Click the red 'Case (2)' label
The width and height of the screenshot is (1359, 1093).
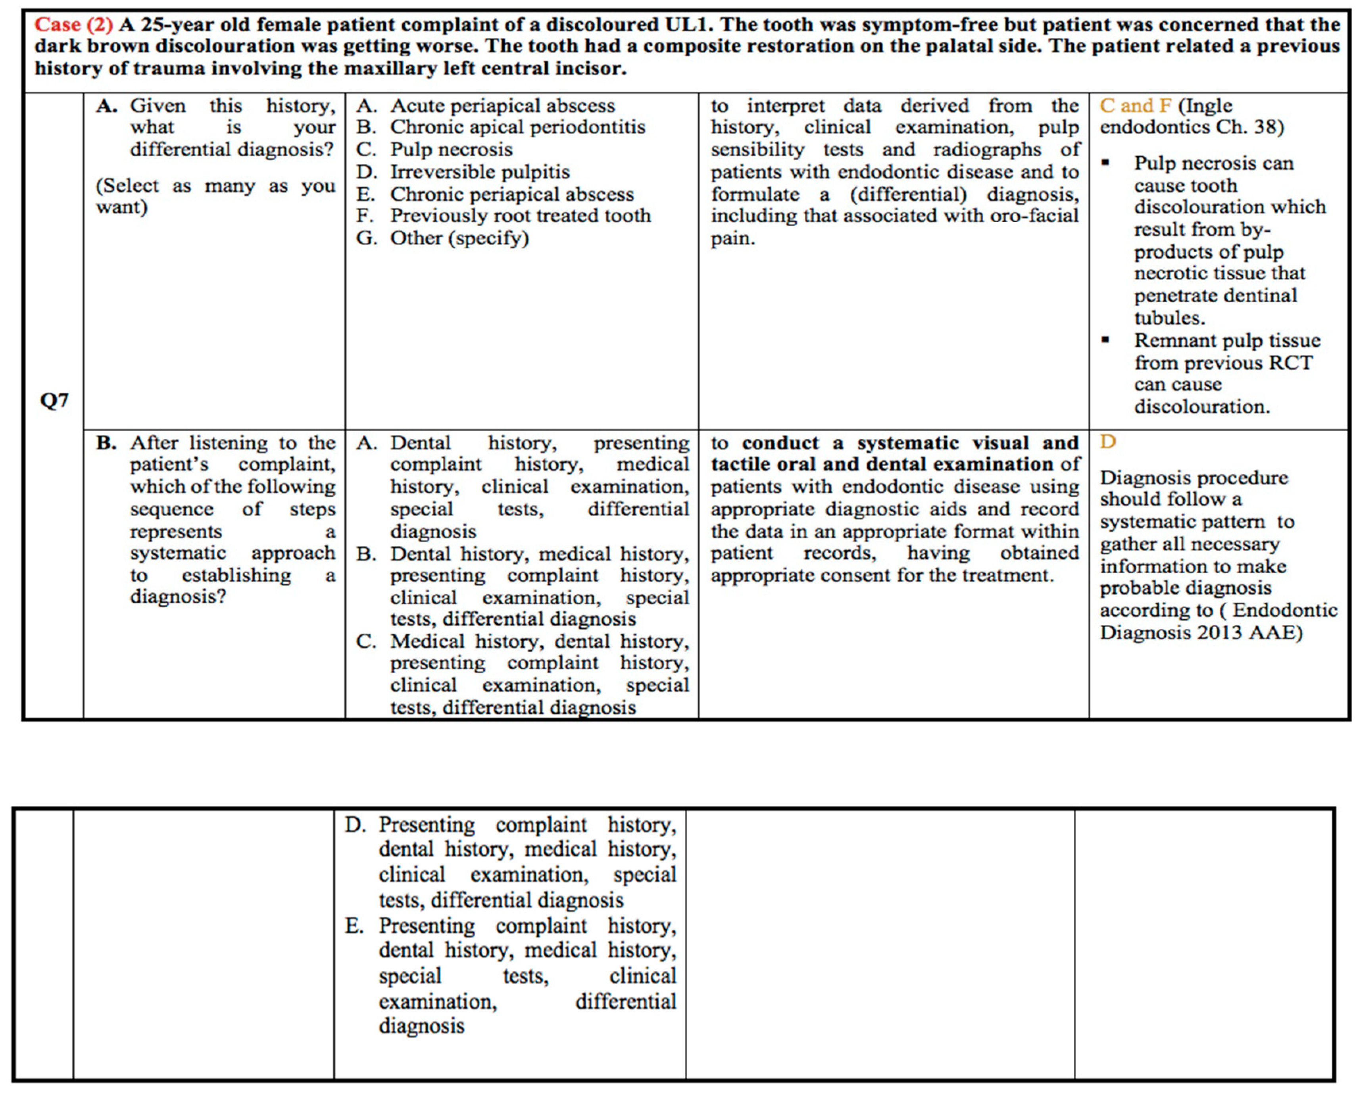[73, 25]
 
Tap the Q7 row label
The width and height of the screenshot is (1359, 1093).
[54, 400]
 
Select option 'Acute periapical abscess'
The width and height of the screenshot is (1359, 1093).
[502, 105]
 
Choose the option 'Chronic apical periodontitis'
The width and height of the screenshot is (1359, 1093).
[517, 127]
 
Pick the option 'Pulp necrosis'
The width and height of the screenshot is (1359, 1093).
[451, 150]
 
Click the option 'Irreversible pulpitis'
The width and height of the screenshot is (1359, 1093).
[479, 171]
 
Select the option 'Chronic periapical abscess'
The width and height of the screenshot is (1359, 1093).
[511, 194]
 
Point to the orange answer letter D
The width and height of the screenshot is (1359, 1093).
[1107, 442]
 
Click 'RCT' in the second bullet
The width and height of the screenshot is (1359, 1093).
[1294, 363]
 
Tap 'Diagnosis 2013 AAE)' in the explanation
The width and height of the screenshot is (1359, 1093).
[1201, 632]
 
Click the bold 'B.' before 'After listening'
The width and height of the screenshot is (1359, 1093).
[106, 442]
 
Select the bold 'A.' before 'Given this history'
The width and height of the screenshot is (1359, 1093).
[106, 105]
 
